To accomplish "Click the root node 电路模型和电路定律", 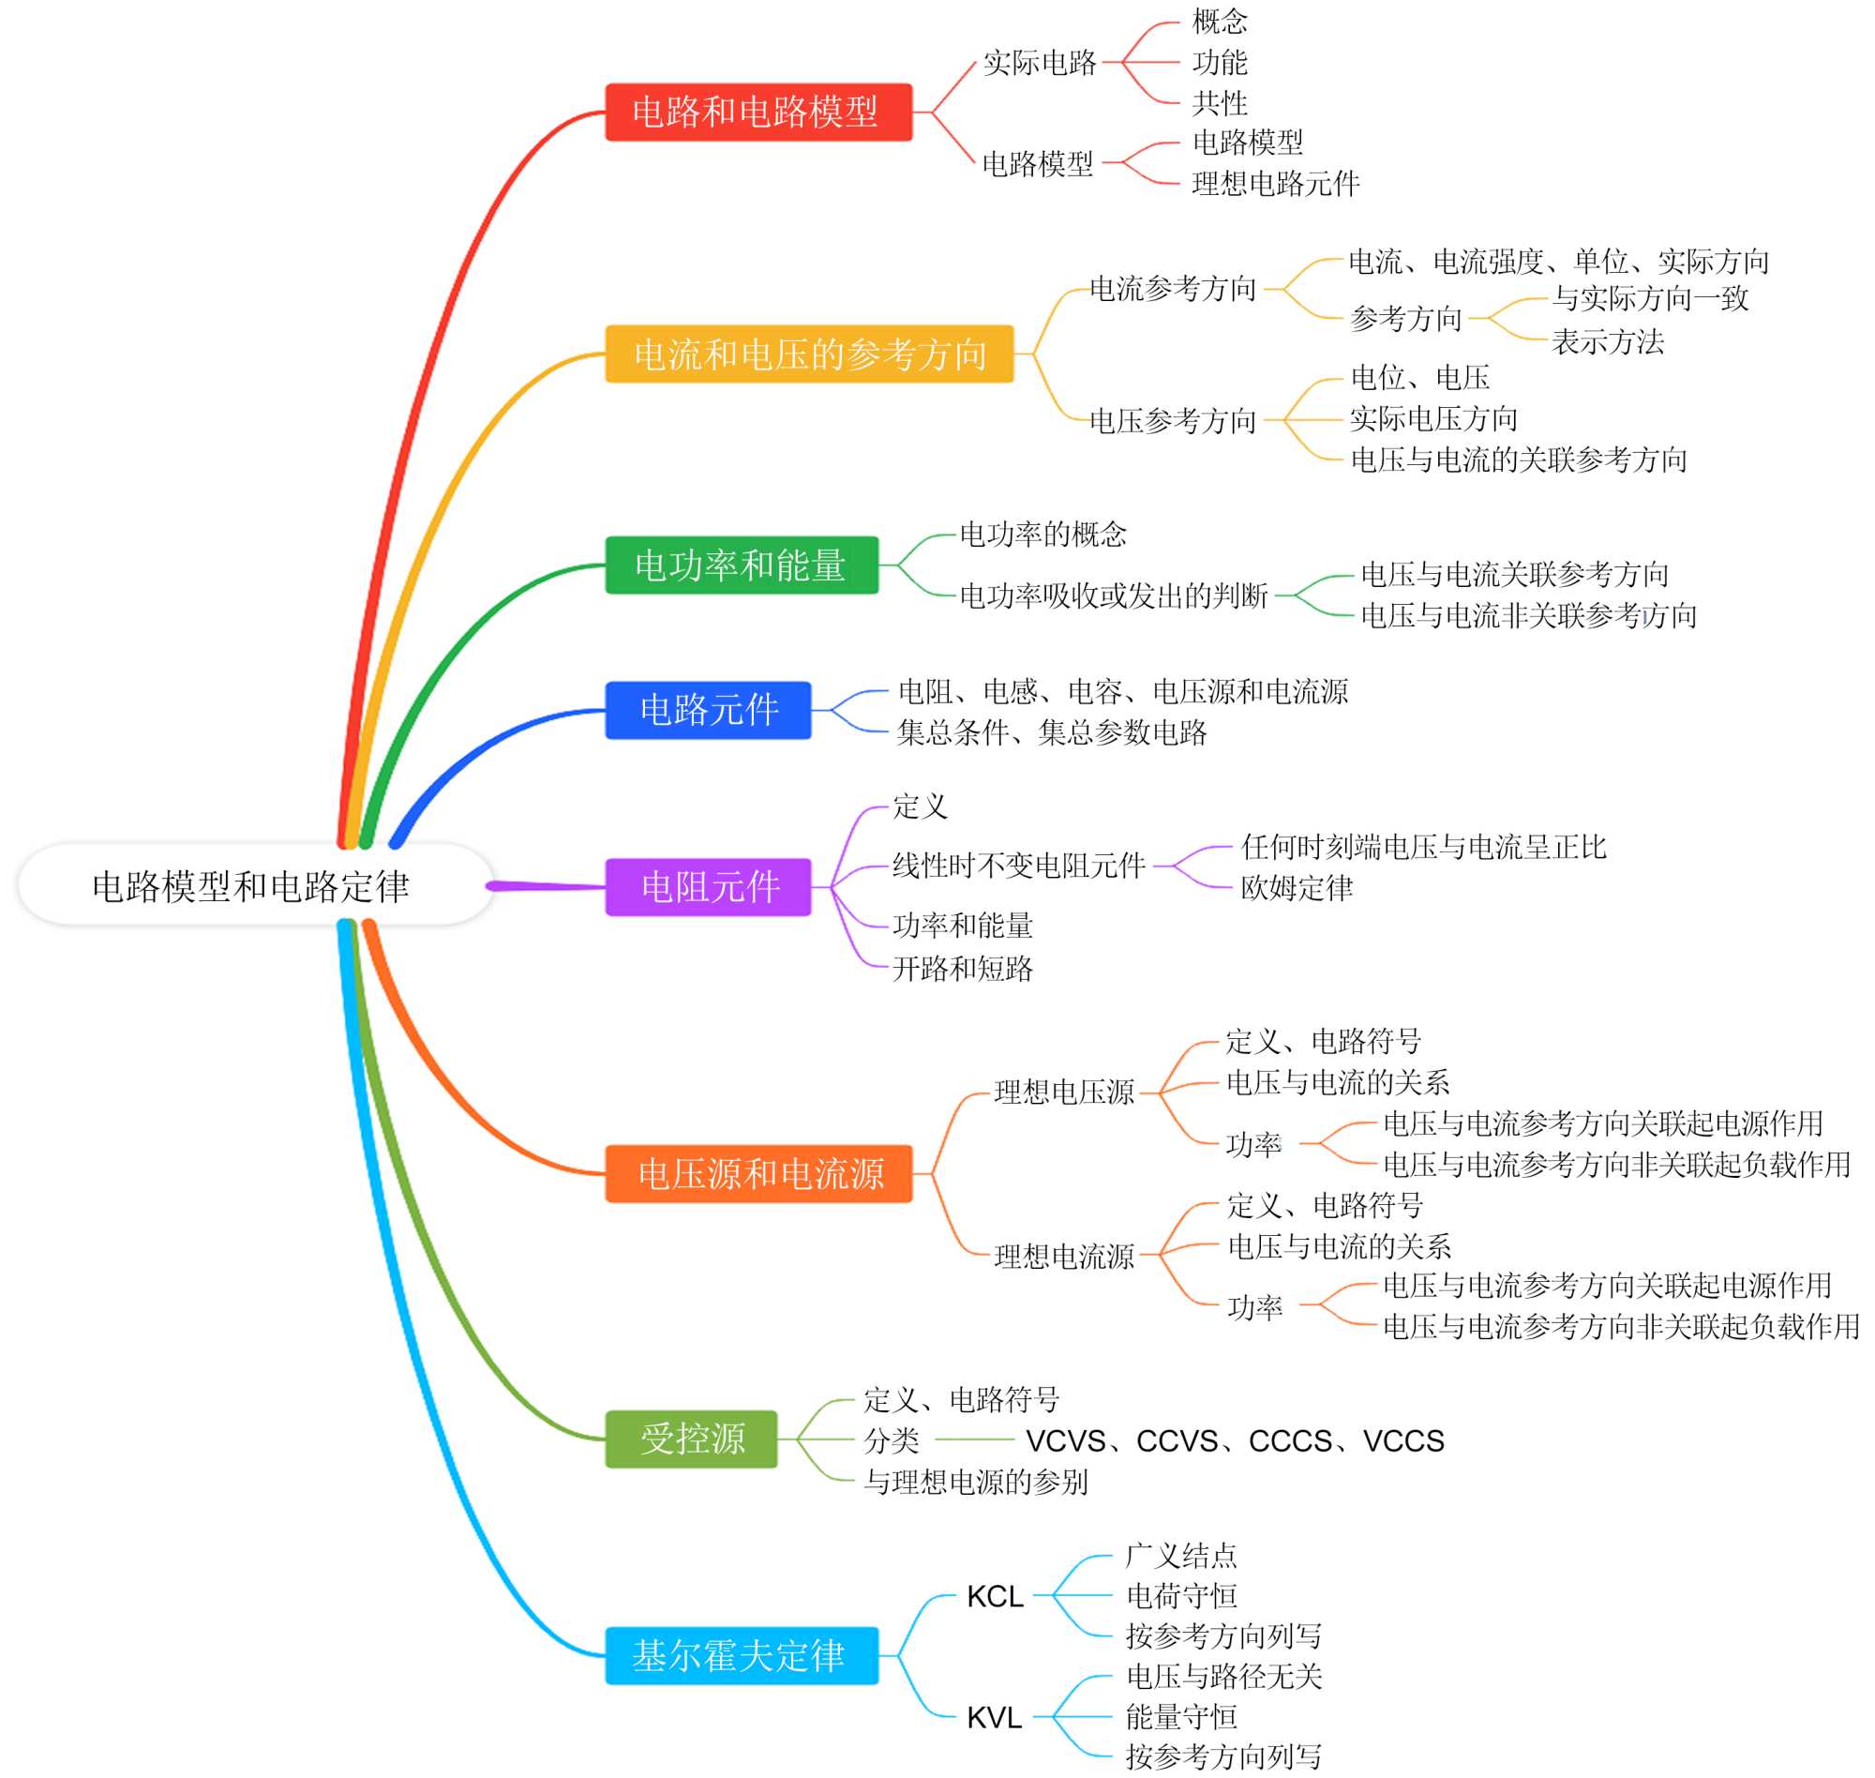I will click(251, 887).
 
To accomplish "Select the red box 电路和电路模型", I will click(757, 112).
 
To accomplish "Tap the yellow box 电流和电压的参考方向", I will click(809, 354).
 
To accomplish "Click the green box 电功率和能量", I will click(741, 565).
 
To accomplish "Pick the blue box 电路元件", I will click(709, 710).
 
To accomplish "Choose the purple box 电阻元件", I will click(709, 887).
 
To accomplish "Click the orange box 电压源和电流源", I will click(757, 1174).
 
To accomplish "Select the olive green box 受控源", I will click(691, 1439).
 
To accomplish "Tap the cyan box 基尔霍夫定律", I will click(741, 1656).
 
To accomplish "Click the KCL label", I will click(994, 1597).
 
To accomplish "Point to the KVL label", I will click(994, 1717).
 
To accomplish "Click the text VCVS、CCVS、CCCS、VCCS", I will click(1235, 1441).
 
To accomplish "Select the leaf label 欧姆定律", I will click(1297, 888).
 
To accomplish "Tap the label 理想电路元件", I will click(1275, 184).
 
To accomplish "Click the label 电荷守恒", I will click(1181, 1596).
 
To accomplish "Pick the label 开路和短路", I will click(963, 969).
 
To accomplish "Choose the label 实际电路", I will click(1040, 64).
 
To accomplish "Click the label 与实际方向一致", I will click(1649, 298).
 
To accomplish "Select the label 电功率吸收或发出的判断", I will click(1113, 596).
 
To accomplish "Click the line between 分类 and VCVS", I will click(975, 1439).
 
